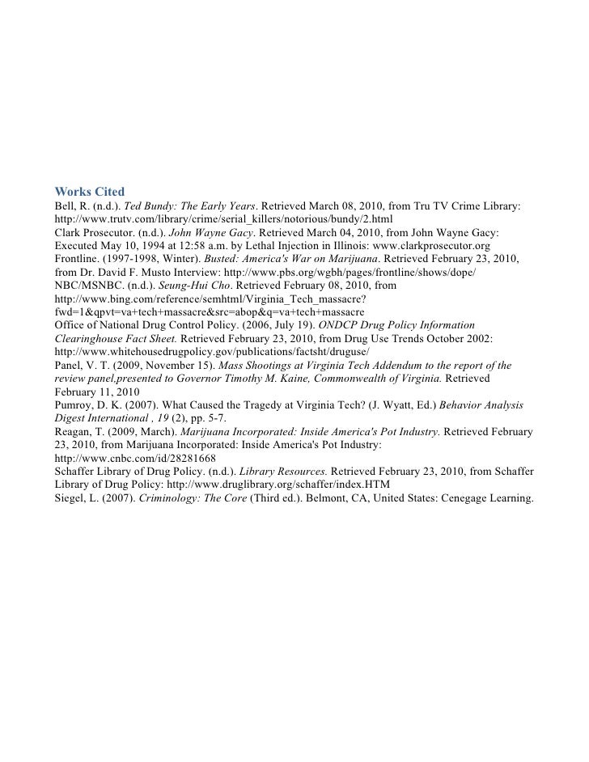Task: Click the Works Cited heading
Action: (89, 192)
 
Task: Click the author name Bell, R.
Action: (71, 206)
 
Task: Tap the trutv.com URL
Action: (222, 219)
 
